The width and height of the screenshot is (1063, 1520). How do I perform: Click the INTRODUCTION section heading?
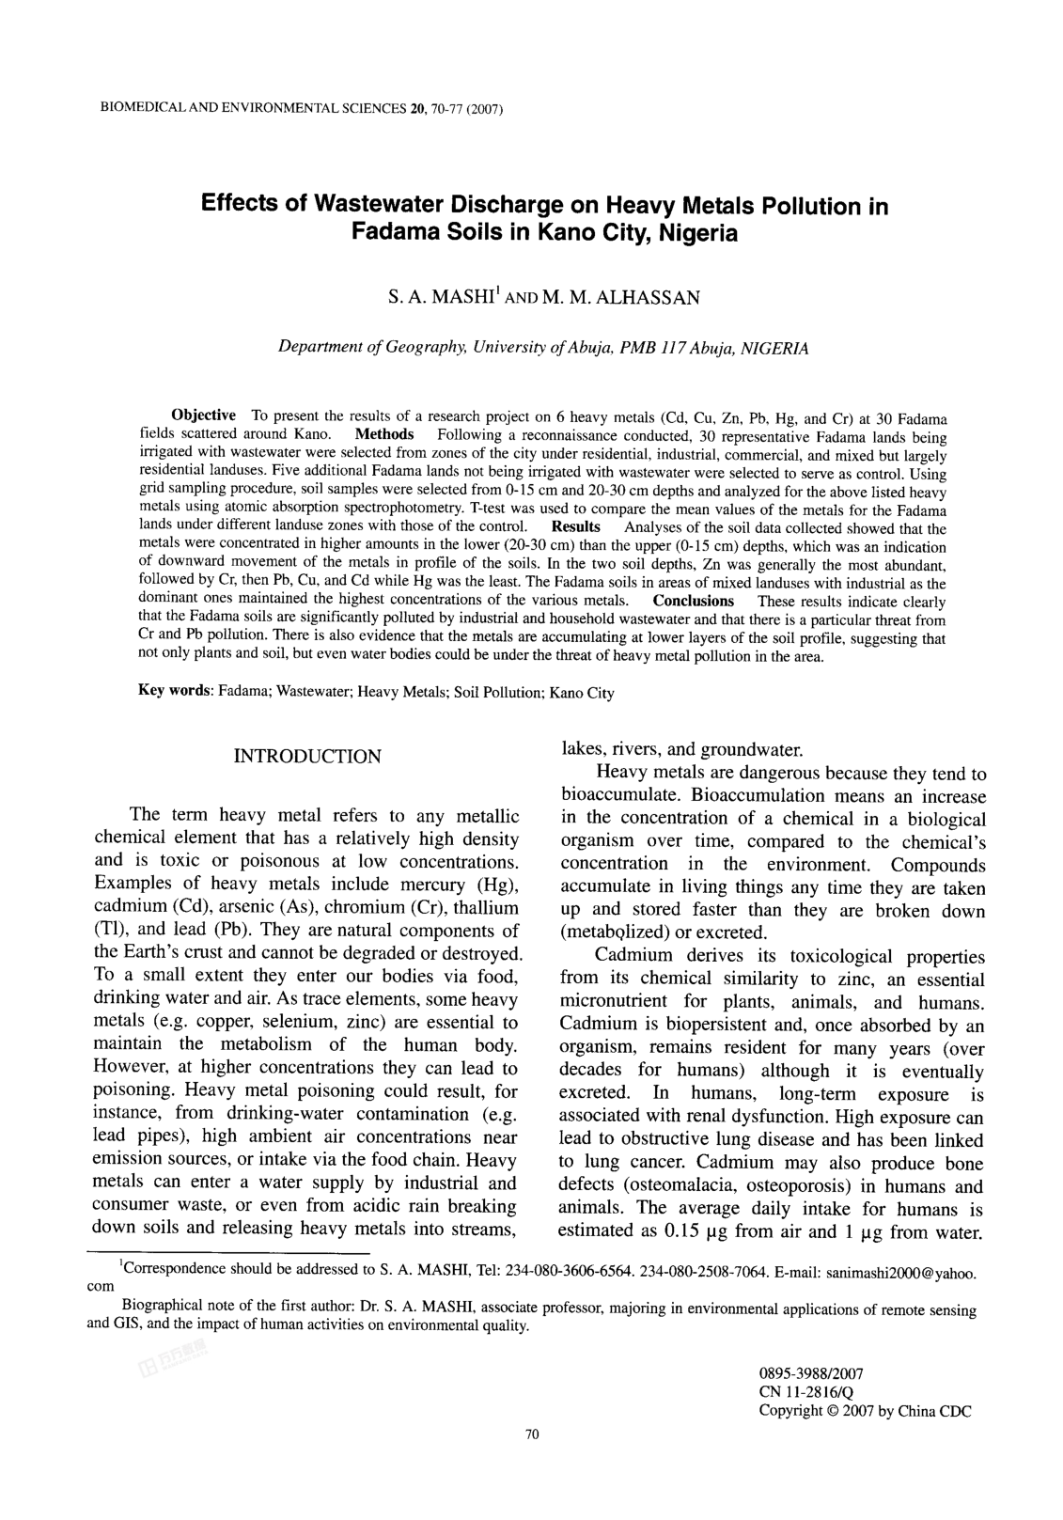coord(306,757)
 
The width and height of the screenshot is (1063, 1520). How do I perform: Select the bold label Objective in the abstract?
coord(203,415)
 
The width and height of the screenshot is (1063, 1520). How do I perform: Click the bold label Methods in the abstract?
coord(384,434)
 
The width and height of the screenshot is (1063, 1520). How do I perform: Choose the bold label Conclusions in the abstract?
coord(694,601)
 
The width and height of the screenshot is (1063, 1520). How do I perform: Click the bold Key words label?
coord(176,692)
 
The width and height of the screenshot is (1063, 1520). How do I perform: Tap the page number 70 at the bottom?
coord(532,1460)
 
